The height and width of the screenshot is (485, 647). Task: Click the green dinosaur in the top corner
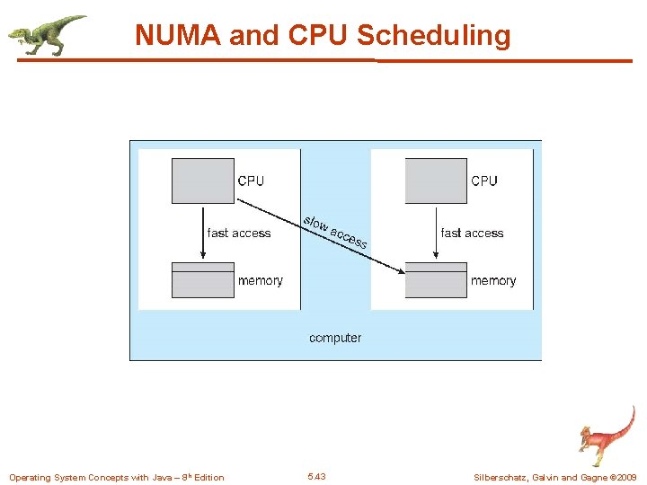point(48,35)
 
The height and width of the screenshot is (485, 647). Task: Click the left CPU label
point(251,181)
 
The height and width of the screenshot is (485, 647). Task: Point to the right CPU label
point(484,181)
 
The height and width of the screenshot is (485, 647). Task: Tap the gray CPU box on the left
point(202,181)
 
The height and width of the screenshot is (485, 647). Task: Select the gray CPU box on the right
point(436,181)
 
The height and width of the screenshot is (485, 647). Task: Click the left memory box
point(202,280)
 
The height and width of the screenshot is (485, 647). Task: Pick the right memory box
point(436,280)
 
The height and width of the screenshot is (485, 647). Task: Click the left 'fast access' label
point(239,233)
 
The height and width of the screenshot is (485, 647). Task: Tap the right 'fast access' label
point(473,233)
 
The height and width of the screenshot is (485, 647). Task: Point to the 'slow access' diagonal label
point(335,232)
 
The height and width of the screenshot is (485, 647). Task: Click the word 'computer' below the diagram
point(335,338)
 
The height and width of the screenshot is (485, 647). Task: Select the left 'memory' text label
point(261,281)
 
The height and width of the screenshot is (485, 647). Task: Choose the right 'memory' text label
point(493,281)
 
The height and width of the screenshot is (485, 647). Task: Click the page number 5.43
point(316,477)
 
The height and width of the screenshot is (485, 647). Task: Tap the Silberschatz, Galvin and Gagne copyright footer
point(555,478)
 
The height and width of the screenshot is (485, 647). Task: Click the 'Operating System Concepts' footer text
point(117,478)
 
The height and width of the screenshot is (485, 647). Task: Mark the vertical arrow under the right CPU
point(436,233)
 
